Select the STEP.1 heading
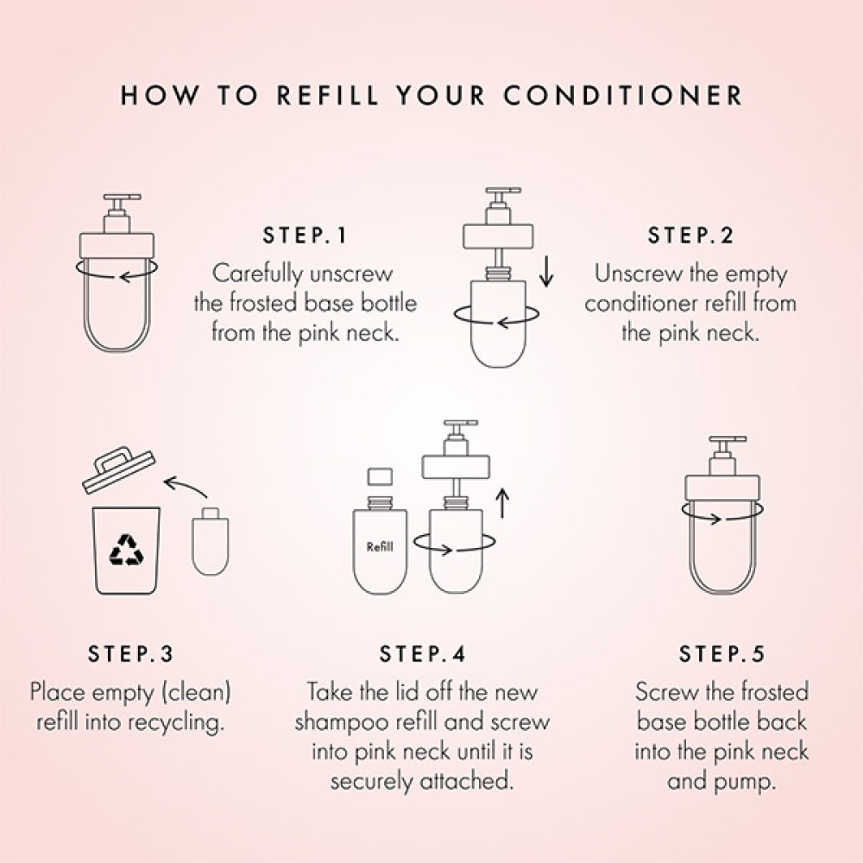pos(303,236)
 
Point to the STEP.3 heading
pos(130,654)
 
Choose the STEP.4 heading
pos(422,654)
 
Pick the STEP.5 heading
pos(721,654)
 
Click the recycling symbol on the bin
pos(126,550)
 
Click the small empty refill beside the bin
pos(208,543)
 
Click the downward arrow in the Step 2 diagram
pos(546,274)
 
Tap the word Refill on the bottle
pos(381,546)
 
